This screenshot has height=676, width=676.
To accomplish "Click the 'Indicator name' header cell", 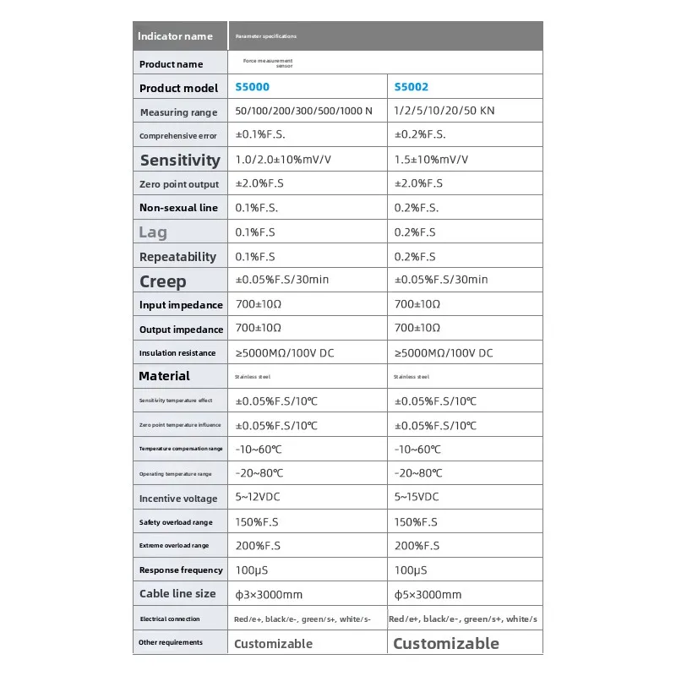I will [x=175, y=36].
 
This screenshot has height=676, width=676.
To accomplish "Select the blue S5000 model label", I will [x=252, y=87].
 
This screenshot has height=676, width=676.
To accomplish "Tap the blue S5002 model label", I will [x=411, y=87].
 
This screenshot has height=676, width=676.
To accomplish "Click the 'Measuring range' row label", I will [x=178, y=112].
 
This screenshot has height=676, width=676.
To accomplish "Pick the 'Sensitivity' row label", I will [x=180, y=160].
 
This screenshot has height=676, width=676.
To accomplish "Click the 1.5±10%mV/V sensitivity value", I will [x=431, y=160].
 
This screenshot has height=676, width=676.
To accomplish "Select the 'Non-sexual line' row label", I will [x=178, y=208].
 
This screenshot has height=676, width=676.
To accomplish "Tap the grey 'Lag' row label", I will [x=153, y=232].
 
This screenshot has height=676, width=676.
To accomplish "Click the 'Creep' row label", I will [x=163, y=281].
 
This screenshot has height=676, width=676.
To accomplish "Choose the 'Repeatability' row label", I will [x=177, y=257].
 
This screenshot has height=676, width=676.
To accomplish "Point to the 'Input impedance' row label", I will [x=181, y=305].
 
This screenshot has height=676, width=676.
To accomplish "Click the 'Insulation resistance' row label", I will [x=177, y=353].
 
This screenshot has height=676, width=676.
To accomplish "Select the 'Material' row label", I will [x=164, y=376].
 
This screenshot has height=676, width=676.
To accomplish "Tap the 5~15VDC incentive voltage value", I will [x=417, y=498].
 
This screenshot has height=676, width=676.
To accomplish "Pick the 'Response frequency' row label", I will [x=181, y=570].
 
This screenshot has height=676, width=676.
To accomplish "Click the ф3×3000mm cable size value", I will [x=269, y=595].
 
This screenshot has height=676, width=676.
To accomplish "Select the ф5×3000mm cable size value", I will [x=428, y=595].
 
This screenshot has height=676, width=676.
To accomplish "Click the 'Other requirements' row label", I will [x=171, y=642].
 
